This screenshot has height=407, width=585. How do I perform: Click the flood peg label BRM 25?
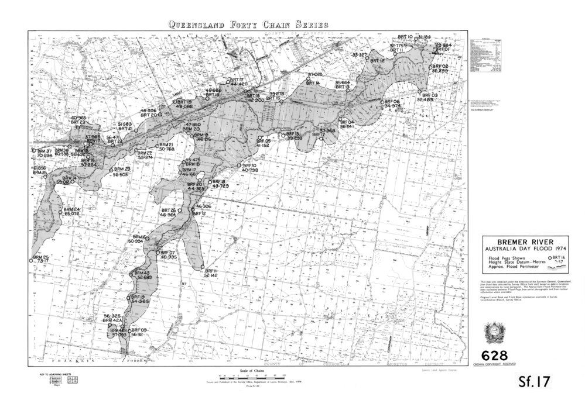(40, 257)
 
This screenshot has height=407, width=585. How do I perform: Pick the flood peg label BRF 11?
(211, 271)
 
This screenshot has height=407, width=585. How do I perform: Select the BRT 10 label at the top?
(405, 36)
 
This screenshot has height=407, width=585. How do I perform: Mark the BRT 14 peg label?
(314, 84)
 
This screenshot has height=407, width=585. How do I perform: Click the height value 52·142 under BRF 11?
(211, 276)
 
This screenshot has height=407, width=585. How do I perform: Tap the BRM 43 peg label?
(142, 273)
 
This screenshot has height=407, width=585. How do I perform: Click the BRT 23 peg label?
(78, 122)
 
